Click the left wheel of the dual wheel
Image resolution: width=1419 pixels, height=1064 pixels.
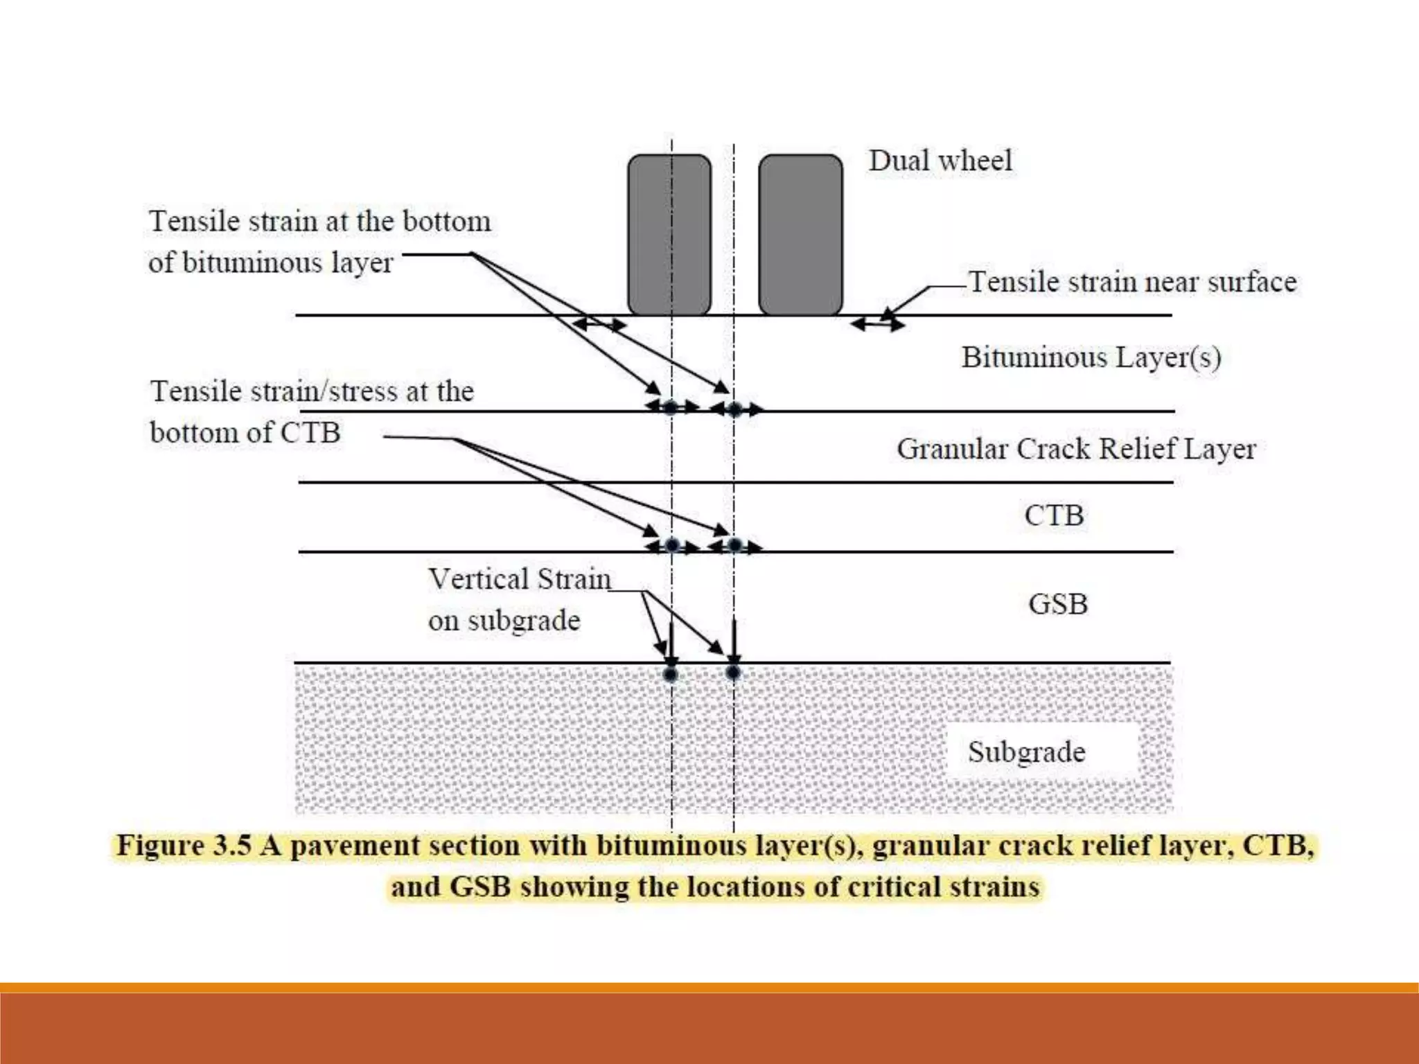point(669,234)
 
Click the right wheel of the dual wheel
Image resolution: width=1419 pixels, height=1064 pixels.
point(800,234)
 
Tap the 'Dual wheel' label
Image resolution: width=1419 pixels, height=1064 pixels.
point(940,161)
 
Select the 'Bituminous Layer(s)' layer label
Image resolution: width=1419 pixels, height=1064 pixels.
point(1091,357)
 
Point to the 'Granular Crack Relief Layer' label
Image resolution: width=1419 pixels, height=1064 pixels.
point(1076,449)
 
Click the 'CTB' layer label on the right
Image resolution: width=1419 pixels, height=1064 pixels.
point(1054,515)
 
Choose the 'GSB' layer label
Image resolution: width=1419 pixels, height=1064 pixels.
point(1058,604)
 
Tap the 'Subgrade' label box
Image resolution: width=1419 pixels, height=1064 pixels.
point(1027,752)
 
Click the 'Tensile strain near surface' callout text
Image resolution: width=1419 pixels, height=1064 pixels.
point(1132,282)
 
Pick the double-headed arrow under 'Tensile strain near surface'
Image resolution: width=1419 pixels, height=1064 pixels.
point(877,323)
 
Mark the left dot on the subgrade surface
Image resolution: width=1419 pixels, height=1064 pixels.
point(670,673)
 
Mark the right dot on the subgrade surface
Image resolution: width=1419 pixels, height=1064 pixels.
point(733,673)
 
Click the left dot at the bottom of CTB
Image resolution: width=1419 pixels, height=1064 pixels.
point(671,545)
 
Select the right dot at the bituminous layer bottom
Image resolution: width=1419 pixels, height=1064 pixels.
point(734,409)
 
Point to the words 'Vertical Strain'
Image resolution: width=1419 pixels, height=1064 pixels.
point(520,579)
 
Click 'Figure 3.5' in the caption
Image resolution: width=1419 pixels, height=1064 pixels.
point(184,846)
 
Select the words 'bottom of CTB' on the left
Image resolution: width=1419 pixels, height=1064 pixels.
point(245,433)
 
